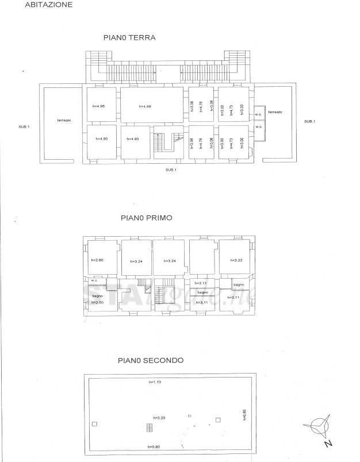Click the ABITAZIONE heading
click(x=49, y=5)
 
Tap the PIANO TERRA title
click(x=129, y=38)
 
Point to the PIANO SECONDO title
click(x=150, y=361)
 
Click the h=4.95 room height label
click(x=98, y=106)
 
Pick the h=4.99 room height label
click(x=144, y=106)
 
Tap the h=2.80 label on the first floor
click(x=97, y=260)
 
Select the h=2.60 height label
click(x=97, y=302)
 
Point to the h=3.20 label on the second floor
click(x=159, y=418)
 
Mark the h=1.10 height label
click(x=155, y=382)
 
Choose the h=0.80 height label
click(x=154, y=446)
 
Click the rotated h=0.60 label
click(x=244, y=414)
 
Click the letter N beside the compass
click(x=328, y=444)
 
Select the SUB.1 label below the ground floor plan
click(x=170, y=170)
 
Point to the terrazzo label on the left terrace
click(x=63, y=120)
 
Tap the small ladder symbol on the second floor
click(x=149, y=428)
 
